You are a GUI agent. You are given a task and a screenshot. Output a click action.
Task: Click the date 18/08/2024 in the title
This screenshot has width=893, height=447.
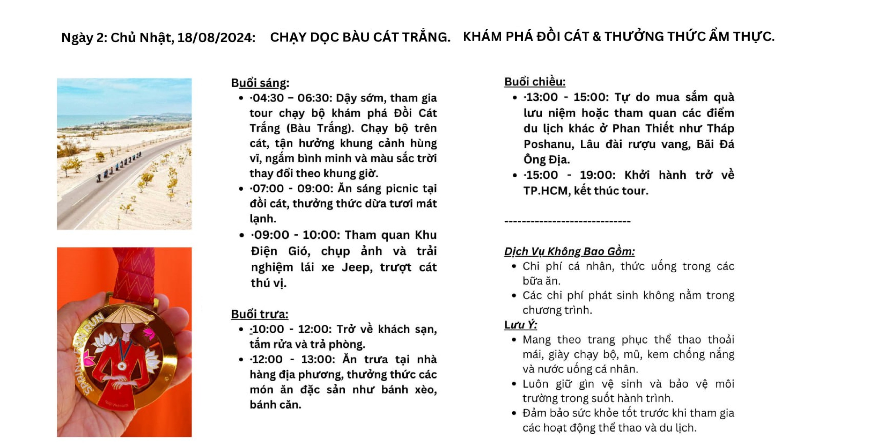click(216, 37)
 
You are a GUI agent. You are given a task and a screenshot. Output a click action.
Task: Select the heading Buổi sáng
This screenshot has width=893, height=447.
click(260, 83)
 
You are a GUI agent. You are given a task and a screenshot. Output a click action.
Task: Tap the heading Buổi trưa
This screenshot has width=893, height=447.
click(260, 314)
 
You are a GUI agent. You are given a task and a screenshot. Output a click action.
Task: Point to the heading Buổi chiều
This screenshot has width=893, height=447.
click(535, 82)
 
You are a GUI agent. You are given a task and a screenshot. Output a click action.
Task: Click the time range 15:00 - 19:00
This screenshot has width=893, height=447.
click(570, 175)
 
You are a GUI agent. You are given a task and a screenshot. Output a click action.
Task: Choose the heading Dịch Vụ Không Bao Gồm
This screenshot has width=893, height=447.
click(569, 251)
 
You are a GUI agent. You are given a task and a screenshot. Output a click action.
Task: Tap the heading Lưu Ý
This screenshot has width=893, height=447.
click(520, 325)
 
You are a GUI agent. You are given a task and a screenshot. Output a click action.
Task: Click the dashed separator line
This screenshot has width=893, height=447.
click(567, 221)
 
